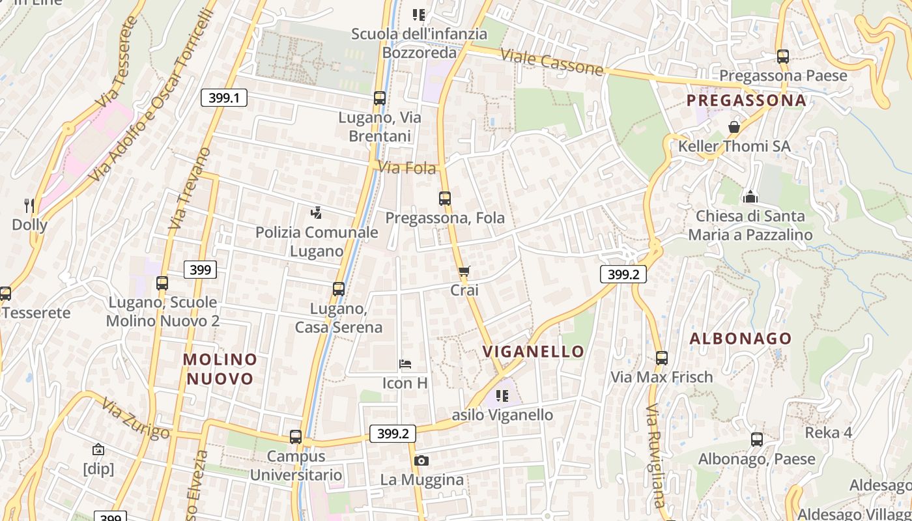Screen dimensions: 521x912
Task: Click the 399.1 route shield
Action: (223, 98)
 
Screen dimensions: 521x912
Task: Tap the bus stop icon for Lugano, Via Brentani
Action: (380, 98)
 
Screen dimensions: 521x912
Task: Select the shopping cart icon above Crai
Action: (464, 271)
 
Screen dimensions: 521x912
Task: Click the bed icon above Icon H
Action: (405, 363)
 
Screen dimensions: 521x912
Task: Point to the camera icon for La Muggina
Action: (421, 460)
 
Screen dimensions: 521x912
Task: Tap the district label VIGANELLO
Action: (534, 352)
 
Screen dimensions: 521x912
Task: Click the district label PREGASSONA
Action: (747, 100)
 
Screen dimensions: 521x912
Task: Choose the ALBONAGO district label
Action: (741, 339)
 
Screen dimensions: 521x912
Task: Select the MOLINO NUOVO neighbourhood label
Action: (220, 369)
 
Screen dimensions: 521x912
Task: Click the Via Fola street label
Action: (407, 168)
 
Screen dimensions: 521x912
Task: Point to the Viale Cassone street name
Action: (552, 61)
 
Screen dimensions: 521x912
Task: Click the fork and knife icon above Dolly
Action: (29, 206)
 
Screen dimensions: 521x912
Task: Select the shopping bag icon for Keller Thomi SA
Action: (734, 126)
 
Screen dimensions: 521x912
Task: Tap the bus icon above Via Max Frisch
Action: (662, 358)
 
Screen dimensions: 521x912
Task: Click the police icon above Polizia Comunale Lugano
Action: (317, 212)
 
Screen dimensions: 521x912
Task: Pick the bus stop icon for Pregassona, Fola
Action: (445, 198)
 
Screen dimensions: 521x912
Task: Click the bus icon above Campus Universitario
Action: (296, 436)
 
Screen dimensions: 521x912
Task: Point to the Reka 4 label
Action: (829, 432)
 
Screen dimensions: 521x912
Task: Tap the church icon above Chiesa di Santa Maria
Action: (750, 196)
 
